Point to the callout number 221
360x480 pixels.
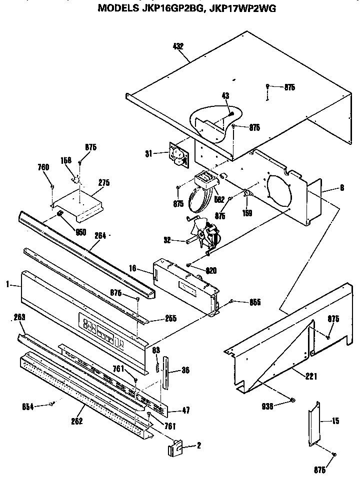311,377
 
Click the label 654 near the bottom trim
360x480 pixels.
28,407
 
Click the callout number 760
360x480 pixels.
44,167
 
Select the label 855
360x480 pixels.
254,302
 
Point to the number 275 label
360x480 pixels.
103,183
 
